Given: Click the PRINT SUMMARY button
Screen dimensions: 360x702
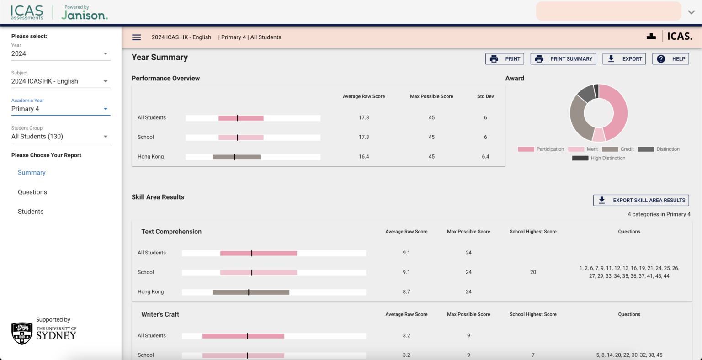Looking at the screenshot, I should tap(563, 59).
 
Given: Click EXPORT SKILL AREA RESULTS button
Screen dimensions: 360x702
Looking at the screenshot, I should tap(641, 200).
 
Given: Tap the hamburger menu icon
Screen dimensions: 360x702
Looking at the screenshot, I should tap(136, 37).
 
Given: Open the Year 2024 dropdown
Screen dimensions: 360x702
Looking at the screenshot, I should tap(60, 53).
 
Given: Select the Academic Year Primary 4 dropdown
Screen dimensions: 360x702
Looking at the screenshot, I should tap(60, 109).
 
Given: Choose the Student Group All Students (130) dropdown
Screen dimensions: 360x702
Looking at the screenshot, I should tap(60, 136).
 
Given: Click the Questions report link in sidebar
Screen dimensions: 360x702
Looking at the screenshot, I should tap(32, 192).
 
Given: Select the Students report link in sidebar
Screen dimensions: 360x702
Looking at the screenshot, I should tap(31, 212).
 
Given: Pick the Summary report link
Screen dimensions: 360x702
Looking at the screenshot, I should tap(32, 173).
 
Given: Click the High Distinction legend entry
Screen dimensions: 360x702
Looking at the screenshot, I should tap(599, 158).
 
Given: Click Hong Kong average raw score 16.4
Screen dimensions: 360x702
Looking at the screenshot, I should tap(364, 157).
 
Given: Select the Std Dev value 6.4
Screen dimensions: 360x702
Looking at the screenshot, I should tap(485, 157).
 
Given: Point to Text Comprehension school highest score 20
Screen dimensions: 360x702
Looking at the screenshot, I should tap(533, 272).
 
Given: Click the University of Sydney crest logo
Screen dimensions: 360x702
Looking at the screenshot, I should tap(22, 333).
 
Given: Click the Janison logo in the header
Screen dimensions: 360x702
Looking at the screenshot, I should tap(85, 15).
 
